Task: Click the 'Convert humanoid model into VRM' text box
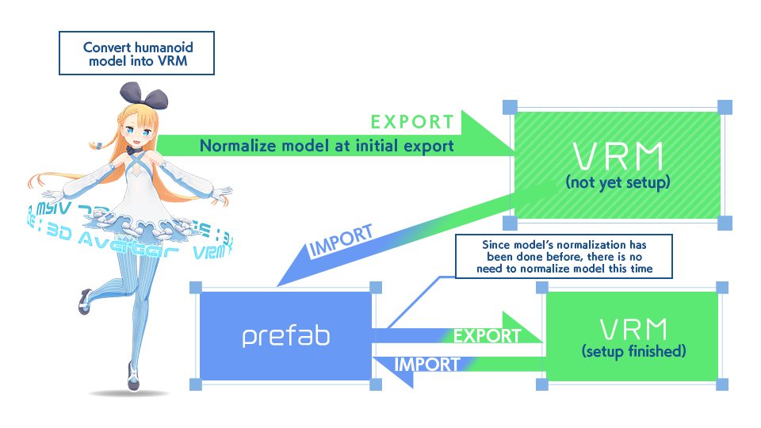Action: point(138,54)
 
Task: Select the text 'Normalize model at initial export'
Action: point(327,146)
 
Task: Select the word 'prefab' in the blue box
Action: point(286,336)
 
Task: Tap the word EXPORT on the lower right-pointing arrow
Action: point(487,335)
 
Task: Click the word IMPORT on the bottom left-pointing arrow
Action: point(427,365)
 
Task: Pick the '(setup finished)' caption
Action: point(633,351)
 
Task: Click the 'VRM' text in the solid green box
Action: point(633,328)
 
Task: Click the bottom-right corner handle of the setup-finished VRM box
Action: point(723,385)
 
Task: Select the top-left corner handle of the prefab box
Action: point(195,288)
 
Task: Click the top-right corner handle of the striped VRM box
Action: point(723,107)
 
